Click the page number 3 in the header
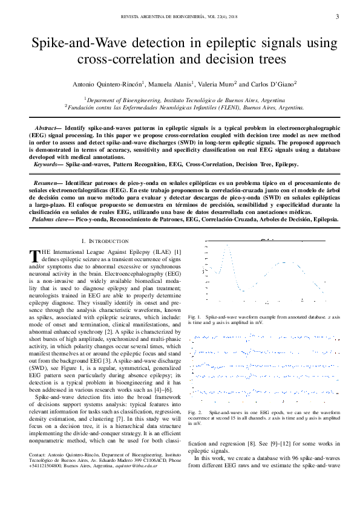point(337,16)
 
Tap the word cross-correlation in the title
point(123,59)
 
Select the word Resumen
point(46,181)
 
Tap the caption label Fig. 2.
point(195,411)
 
